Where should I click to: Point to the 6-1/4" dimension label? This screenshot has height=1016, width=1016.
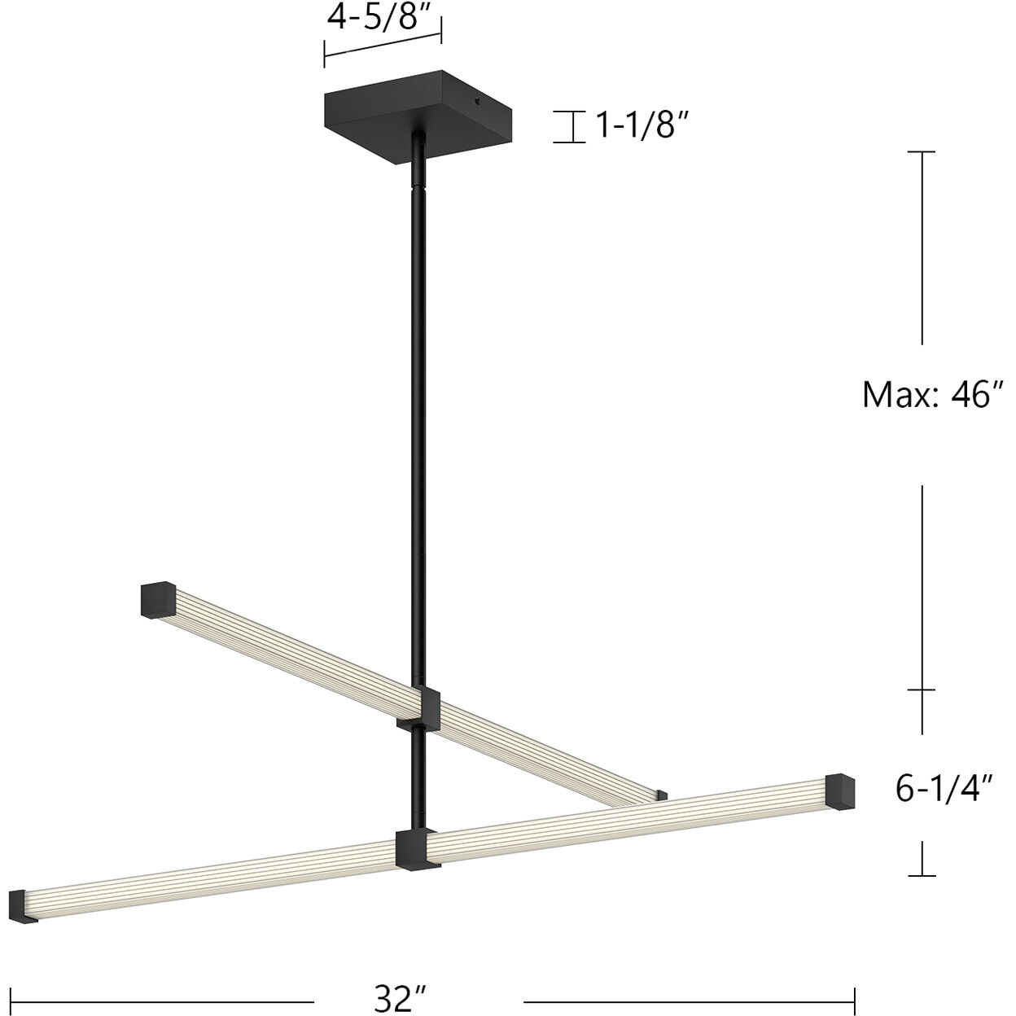944,789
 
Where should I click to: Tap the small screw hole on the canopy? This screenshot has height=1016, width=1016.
477,103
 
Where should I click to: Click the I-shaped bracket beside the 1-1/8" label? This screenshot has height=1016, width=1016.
570,127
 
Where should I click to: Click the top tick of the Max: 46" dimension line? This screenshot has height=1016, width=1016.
922,152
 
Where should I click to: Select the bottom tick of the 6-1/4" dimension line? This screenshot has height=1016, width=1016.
922,876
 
